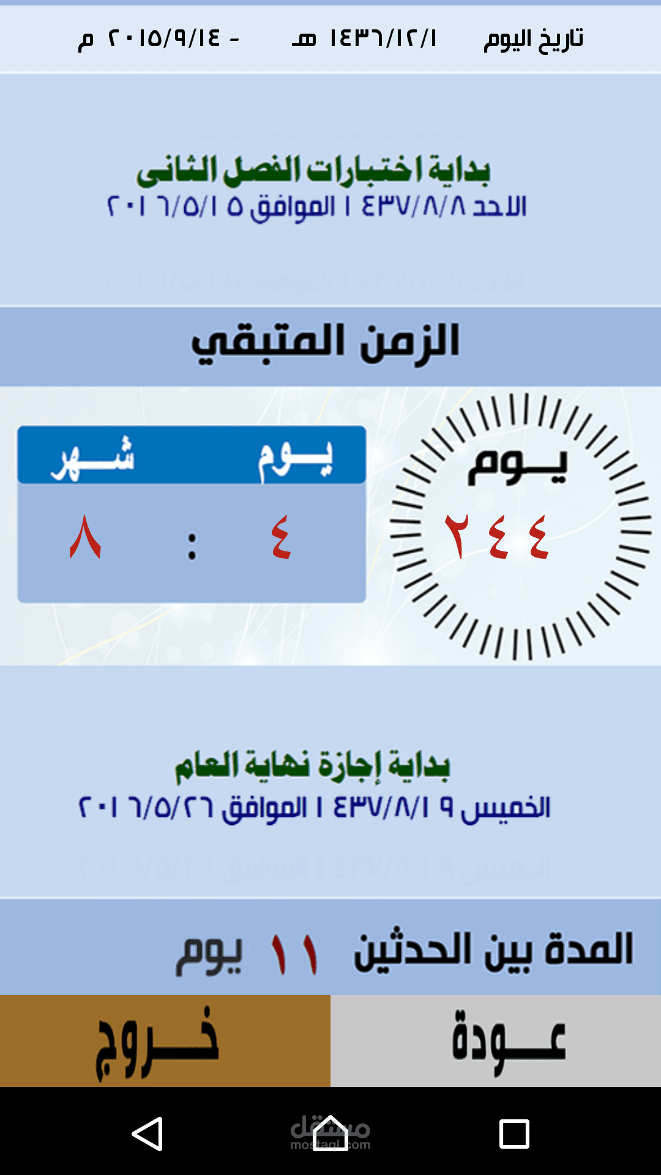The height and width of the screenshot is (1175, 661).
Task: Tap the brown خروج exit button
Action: [x=165, y=1040]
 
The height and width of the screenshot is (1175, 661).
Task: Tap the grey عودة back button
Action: [x=496, y=1040]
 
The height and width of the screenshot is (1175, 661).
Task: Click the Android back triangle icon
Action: [x=148, y=1133]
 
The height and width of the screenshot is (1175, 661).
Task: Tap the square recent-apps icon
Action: [x=514, y=1134]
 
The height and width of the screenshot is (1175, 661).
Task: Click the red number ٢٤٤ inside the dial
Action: [x=496, y=536]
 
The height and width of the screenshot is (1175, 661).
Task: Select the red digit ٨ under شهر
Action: [x=85, y=536]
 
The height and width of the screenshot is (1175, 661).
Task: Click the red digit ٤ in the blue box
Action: [x=281, y=536]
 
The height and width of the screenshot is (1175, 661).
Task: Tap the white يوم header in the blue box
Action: [x=296, y=459]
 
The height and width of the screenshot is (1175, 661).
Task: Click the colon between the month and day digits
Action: [x=192, y=546]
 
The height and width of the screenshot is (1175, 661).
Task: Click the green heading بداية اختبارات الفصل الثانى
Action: [x=313, y=170]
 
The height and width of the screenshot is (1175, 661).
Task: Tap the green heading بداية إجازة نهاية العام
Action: [x=313, y=765]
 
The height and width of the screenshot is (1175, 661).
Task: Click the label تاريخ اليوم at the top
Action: [x=533, y=39]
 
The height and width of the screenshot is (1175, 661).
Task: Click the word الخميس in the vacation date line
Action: [x=506, y=808]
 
